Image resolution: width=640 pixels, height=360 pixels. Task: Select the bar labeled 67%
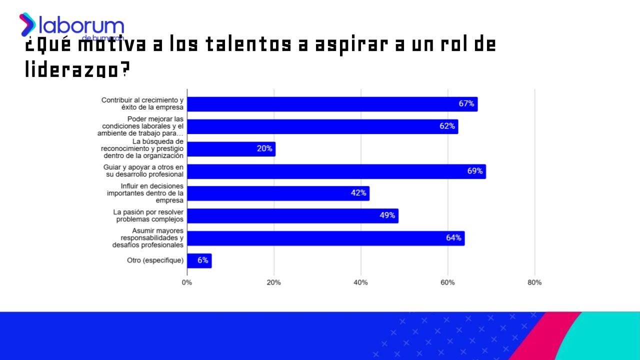click(332, 104)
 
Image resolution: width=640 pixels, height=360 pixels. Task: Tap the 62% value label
click(447, 126)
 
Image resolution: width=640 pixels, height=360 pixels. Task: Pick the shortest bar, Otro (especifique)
click(199, 260)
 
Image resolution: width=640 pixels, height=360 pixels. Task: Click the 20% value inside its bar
click(264, 148)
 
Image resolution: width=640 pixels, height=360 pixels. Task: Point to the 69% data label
click(474, 171)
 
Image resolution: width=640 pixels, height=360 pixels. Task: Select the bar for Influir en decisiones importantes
click(278, 193)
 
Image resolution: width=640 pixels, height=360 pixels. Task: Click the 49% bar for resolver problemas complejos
click(292, 216)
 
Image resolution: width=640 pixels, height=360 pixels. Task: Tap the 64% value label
click(453, 238)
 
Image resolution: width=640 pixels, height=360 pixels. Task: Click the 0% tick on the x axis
click(187, 282)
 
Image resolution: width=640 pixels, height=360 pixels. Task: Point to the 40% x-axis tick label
click(360, 282)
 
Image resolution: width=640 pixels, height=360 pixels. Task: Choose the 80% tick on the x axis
click(534, 282)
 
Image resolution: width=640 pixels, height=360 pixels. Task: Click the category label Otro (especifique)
click(155, 260)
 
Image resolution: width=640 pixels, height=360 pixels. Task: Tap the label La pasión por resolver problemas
click(148, 216)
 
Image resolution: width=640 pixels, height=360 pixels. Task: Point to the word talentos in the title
click(247, 45)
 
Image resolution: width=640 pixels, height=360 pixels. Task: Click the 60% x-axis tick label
click(447, 282)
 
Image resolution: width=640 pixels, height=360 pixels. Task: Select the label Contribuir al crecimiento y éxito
click(142, 104)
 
